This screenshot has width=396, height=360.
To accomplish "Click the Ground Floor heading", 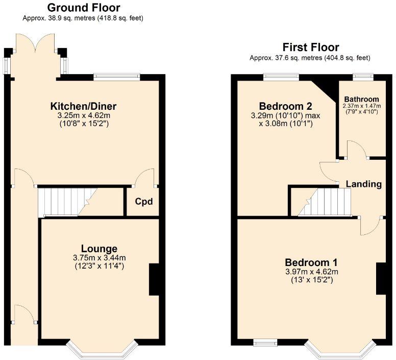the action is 84,8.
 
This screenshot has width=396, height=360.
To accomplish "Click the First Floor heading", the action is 311,47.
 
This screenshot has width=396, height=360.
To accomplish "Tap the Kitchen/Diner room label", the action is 83,106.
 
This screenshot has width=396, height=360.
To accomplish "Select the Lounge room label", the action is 99,249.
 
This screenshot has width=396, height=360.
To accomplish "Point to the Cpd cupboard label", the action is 144,202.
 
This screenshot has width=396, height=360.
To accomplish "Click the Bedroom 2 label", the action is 286,106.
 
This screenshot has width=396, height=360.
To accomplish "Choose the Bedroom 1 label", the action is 311,262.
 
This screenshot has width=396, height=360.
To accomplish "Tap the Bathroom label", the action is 361,99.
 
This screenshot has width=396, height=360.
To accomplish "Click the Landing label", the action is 364,184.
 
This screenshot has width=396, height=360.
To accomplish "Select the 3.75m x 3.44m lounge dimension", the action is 99,258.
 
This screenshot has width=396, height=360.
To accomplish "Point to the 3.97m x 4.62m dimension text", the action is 312,272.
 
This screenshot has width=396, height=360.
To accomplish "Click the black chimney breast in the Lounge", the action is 154,279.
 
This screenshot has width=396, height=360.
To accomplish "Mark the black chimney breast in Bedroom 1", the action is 381,279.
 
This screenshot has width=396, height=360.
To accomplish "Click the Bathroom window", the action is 363,77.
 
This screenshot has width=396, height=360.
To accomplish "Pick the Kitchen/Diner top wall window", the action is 117,77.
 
